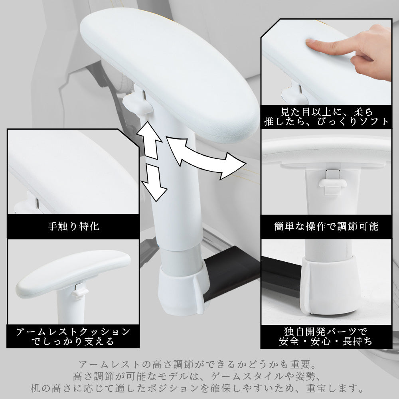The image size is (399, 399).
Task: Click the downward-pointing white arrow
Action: click(x=154, y=182)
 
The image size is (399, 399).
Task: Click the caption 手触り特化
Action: click(x=73, y=226)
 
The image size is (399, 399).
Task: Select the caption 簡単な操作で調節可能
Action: click(x=326, y=226)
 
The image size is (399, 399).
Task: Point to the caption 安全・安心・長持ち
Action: click(x=326, y=341)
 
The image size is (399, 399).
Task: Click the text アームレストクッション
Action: click(x=73, y=332)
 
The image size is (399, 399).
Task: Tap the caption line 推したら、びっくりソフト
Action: click(x=326, y=121)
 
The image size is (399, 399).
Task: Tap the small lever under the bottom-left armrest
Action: click(x=79, y=290)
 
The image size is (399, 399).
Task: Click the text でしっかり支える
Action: click(x=73, y=341)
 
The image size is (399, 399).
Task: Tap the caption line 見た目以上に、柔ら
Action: click(x=326, y=112)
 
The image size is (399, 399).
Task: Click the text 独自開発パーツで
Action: click(x=326, y=332)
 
